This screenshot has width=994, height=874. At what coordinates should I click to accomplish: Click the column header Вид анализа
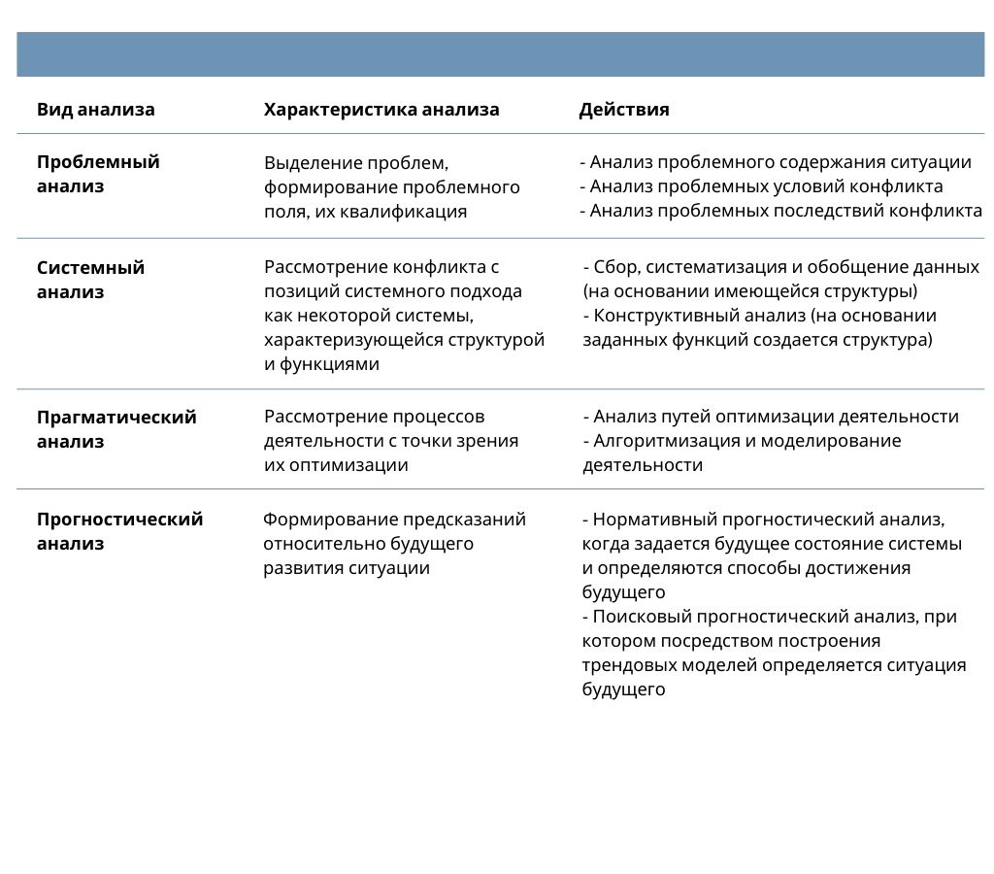click(95, 110)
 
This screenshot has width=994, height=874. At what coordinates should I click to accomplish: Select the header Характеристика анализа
click(381, 110)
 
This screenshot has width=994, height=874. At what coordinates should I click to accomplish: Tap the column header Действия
click(624, 110)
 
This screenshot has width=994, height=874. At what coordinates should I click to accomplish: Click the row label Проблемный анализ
click(97, 174)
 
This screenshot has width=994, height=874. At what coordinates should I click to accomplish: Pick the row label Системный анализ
click(90, 280)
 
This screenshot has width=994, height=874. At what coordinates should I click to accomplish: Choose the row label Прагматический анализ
click(116, 429)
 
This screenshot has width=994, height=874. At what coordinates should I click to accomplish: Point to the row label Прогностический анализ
click(119, 531)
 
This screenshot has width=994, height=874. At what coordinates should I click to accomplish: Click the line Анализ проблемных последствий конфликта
click(785, 211)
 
